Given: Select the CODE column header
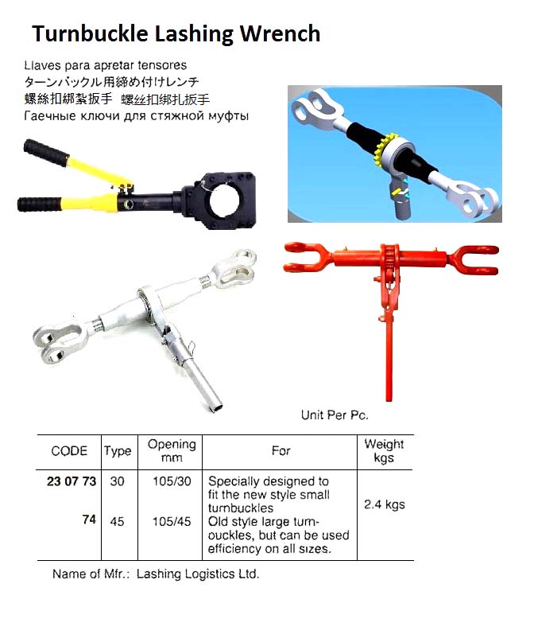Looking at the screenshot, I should click(x=69, y=451).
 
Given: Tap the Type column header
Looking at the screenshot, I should click(x=118, y=451).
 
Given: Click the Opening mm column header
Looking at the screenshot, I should click(x=171, y=450).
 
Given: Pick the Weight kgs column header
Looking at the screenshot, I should click(x=384, y=450).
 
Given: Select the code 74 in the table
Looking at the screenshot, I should click(x=88, y=520).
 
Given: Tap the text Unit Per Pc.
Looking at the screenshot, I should click(x=335, y=415).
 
